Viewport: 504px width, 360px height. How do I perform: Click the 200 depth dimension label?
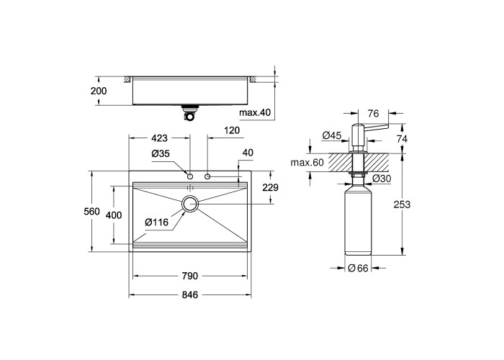[x=99, y=91]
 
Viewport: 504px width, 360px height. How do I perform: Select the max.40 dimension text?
[x=255, y=112]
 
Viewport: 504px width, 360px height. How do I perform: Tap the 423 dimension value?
[x=159, y=138]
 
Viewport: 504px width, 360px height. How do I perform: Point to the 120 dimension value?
[x=232, y=130]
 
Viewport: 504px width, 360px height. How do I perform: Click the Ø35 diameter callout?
[x=161, y=153]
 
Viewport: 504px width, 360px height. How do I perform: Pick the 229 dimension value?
[x=270, y=187]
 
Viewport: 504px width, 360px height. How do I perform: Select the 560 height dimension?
[x=91, y=212]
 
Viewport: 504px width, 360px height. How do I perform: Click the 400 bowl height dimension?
[x=114, y=215]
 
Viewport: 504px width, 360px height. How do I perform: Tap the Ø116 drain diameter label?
[x=156, y=222]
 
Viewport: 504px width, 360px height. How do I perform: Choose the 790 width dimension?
[x=190, y=276]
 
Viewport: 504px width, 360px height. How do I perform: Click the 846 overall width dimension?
[x=190, y=294]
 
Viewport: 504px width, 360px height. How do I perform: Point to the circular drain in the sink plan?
[x=190, y=204]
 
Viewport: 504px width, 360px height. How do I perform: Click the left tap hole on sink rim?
[x=190, y=176]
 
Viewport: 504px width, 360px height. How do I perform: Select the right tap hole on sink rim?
[x=207, y=176]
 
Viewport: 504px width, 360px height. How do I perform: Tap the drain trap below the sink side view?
[x=189, y=113]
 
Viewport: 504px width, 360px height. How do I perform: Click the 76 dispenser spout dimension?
[x=373, y=114]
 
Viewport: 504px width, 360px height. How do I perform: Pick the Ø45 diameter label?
[x=331, y=135]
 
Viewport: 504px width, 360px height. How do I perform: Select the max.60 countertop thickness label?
[x=307, y=163]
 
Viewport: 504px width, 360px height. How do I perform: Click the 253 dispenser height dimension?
[x=402, y=204]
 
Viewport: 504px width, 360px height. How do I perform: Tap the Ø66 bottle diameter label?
[x=358, y=268]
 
